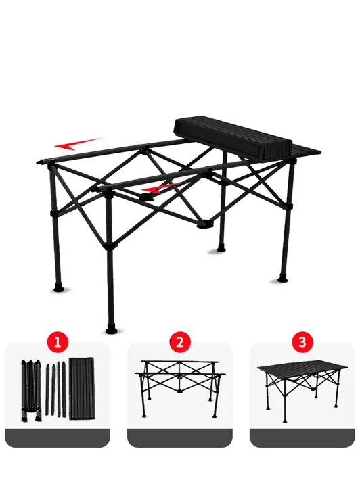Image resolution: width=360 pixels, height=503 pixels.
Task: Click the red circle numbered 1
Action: pyautogui.click(x=58, y=343)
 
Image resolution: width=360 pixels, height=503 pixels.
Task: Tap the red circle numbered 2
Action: pyautogui.click(x=180, y=343)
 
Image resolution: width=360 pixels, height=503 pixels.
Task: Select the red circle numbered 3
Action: pyautogui.click(x=302, y=343)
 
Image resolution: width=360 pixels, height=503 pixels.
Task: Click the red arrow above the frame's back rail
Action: pyautogui.click(x=77, y=144)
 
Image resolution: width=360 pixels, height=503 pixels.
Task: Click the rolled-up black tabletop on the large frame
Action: pyautogui.click(x=233, y=139)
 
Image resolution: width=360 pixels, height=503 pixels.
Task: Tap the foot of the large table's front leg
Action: pyautogui.click(x=111, y=330)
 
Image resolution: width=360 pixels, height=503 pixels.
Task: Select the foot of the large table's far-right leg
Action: pyautogui.click(x=283, y=278)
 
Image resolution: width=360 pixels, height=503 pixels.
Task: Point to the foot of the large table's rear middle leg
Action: pyautogui.click(x=221, y=249)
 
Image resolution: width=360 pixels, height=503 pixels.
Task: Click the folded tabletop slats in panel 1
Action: pyautogui.click(x=82, y=389)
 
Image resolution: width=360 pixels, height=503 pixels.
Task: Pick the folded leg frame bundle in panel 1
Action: pyautogui.click(x=31, y=390)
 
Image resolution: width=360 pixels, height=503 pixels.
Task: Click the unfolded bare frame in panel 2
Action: pyautogui.click(x=180, y=389)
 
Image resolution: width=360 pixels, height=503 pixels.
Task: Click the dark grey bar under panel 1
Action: pyautogui.click(x=58, y=437)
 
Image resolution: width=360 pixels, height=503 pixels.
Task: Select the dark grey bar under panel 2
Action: pyautogui.click(x=180, y=437)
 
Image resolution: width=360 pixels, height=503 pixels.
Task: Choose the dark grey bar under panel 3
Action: pyautogui.click(x=302, y=437)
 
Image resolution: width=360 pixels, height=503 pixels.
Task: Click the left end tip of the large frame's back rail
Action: pyautogui.click(x=38, y=162)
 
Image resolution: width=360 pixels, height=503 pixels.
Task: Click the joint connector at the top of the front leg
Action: pyautogui.click(x=108, y=191)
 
